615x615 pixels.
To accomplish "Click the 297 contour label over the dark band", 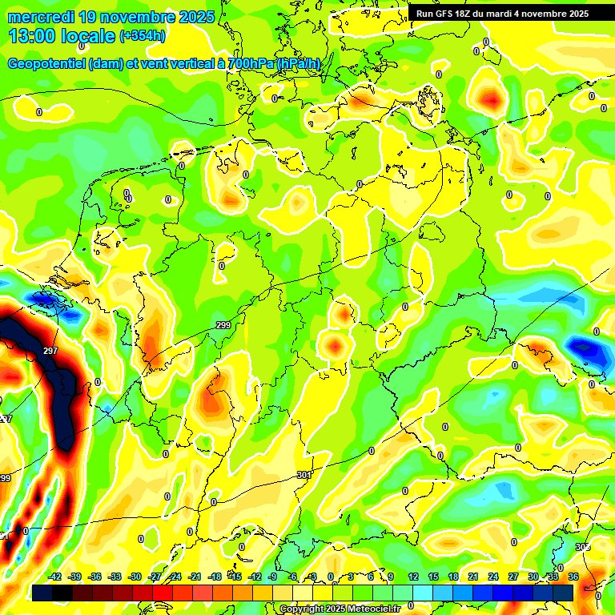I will tap(50, 352).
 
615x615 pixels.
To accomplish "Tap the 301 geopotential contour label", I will tap(303, 475).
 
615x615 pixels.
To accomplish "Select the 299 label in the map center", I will tap(223, 325).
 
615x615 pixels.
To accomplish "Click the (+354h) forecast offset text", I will tap(143, 36).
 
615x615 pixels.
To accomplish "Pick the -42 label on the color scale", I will tap(55, 577).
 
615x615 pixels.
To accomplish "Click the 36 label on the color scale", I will tap(573, 577).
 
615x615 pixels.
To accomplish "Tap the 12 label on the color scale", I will tap(413, 577).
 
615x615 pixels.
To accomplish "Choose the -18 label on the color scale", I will tap(215, 577).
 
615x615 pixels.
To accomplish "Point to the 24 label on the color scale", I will tap(493, 577).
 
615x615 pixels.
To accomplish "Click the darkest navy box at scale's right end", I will tap(563, 592).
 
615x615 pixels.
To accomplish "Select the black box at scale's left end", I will tap(42, 592).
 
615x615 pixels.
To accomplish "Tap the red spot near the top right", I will tap(488, 99).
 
